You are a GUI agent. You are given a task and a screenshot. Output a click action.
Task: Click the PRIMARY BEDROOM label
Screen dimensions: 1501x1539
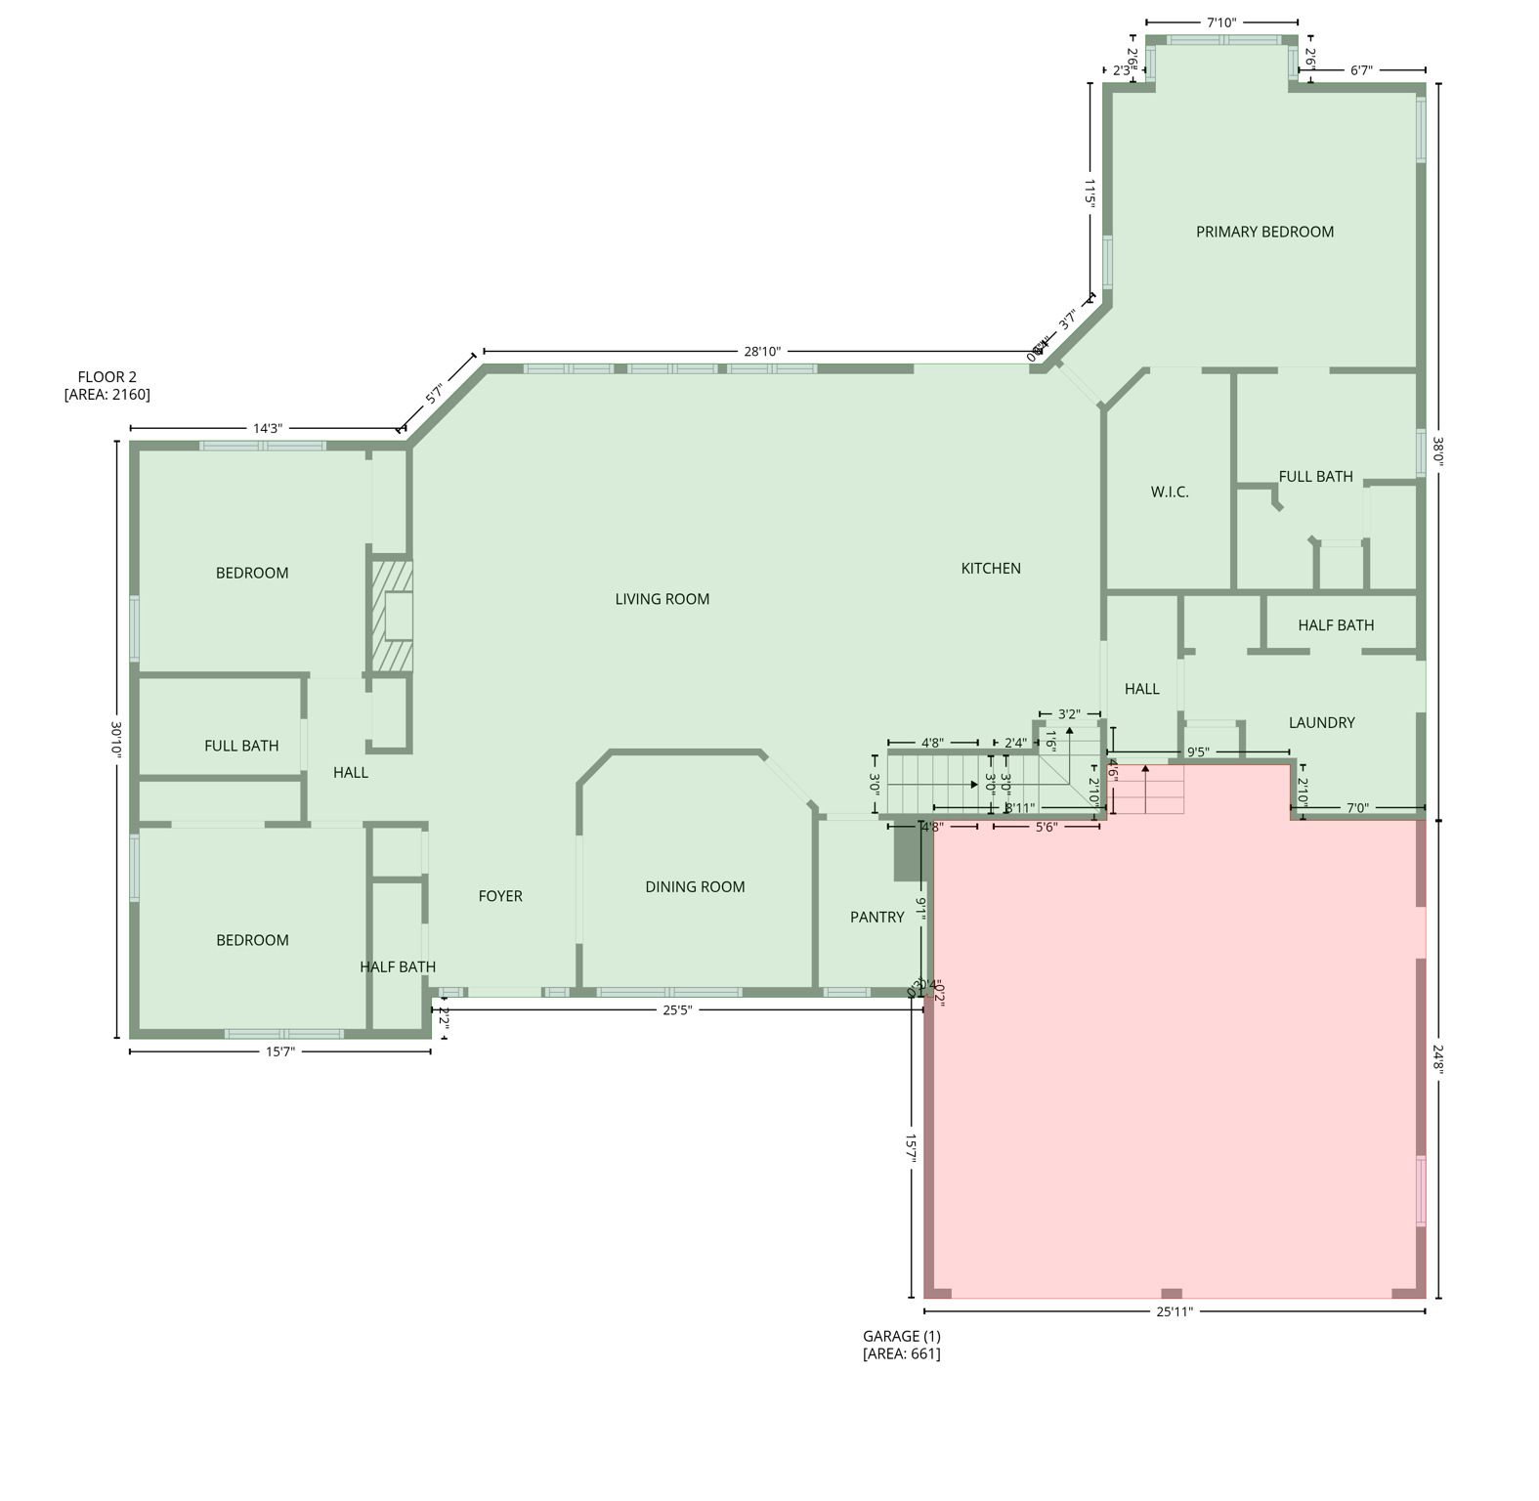pos(1264,232)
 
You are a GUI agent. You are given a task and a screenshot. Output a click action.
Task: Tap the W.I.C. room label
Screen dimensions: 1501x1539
pos(1170,492)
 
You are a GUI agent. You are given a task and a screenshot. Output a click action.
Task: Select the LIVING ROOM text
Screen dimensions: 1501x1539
pos(662,599)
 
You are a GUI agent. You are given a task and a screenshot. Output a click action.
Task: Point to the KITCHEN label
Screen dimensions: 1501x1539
pos(991,568)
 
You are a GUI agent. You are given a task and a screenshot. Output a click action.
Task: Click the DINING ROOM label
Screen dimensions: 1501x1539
pos(695,886)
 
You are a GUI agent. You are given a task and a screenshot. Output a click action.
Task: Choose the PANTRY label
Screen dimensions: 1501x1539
pos(876,917)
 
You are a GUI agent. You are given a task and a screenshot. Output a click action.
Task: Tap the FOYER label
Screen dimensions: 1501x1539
pos(500,896)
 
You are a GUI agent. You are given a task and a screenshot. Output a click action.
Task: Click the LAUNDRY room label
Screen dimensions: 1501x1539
pos(1321,722)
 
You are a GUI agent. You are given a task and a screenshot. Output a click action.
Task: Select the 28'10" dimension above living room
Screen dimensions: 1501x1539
pos(762,351)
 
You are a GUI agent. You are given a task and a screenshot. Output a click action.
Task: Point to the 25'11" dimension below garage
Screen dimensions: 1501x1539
pos(1175,1311)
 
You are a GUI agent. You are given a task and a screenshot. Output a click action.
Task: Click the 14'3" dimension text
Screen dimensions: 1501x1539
pos(268,428)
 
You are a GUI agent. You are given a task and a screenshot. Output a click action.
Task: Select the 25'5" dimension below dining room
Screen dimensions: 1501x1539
pos(677,1009)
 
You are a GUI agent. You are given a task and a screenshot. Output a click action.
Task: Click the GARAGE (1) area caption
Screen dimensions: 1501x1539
pos(901,1345)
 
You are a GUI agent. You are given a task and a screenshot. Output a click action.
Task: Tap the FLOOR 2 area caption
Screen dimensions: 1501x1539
pos(107,385)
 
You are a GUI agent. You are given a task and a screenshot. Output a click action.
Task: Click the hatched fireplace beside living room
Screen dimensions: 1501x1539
pos(391,615)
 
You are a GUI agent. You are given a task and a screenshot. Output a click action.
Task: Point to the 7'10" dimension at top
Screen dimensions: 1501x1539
pos(1221,21)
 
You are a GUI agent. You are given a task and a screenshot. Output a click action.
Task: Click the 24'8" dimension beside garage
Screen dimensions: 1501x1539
pos(1438,1059)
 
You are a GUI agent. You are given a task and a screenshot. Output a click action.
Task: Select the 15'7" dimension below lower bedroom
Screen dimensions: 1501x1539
pos(280,1051)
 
